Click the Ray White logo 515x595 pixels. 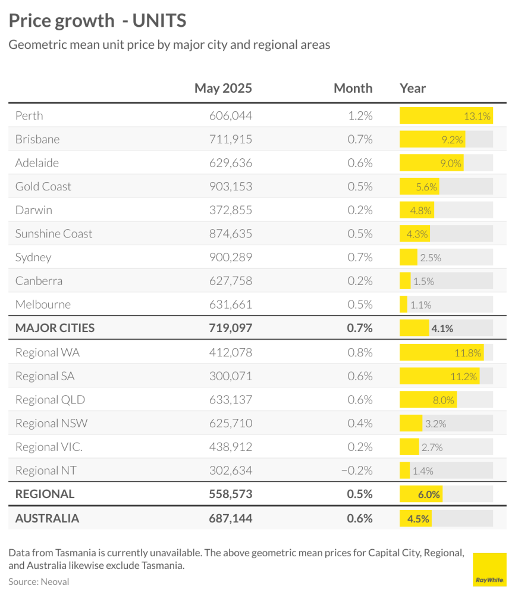[489, 569]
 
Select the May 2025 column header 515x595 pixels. [223, 88]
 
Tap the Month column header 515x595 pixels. [353, 88]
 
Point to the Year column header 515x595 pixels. [413, 88]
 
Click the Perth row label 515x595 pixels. [29, 116]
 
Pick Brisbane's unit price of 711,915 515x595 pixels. [231, 139]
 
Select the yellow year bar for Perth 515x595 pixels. [447, 116]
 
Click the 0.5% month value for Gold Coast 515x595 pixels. [360, 186]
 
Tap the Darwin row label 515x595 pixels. [34, 210]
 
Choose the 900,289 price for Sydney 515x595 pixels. [231, 257]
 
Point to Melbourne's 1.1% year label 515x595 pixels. [421, 305]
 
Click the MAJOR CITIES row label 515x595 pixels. [55, 328]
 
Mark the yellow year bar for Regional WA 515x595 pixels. [442, 352]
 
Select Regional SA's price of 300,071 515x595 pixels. [231, 376]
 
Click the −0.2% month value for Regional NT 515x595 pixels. [357, 471]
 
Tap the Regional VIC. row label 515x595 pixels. [49, 447]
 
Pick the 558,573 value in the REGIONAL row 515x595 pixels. [231, 494]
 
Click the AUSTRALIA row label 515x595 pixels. [48, 518]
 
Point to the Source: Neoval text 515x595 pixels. [39, 582]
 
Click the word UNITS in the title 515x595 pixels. [159, 20]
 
